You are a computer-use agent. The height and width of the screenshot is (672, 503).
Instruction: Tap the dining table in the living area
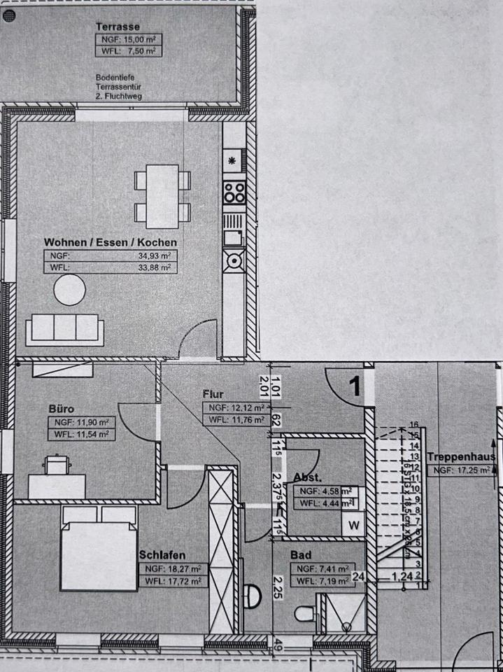coord(162,196)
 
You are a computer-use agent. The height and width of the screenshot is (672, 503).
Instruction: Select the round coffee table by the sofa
coord(69,290)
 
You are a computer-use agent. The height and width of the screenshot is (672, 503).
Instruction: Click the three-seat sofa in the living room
coord(64,329)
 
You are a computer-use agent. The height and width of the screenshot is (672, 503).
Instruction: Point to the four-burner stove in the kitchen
coord(234,191)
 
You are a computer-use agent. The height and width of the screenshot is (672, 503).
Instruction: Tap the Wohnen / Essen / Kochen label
coord(110,241)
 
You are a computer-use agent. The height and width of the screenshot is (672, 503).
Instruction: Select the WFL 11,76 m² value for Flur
coord(235,420)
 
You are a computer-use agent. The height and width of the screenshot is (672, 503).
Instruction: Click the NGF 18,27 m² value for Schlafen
coord(173,568)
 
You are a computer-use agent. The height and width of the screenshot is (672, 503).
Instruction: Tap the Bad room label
coord(301,555)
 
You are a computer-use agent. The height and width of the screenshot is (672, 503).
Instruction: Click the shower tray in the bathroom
coord(341,614)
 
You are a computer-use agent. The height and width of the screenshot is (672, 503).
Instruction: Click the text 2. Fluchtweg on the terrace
coord(119,97)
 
